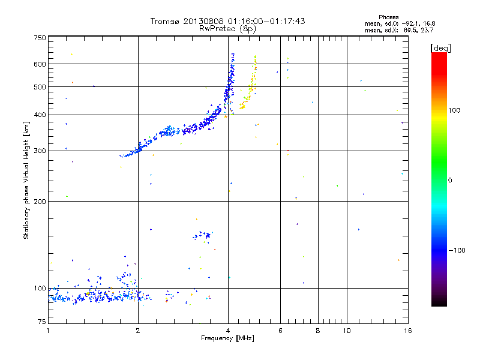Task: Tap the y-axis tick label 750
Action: (40, 38)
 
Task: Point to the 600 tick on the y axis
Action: (40, 64)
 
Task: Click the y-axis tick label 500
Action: (40, 87)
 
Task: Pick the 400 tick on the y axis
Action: (40, 115)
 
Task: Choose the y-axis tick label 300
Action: (40, 151)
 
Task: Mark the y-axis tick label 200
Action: (40, 202)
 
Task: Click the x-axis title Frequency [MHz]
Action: (227, 338)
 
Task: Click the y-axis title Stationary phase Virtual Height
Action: (26, 180)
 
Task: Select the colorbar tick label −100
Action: (458, 250)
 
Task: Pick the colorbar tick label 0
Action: (451, 180)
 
